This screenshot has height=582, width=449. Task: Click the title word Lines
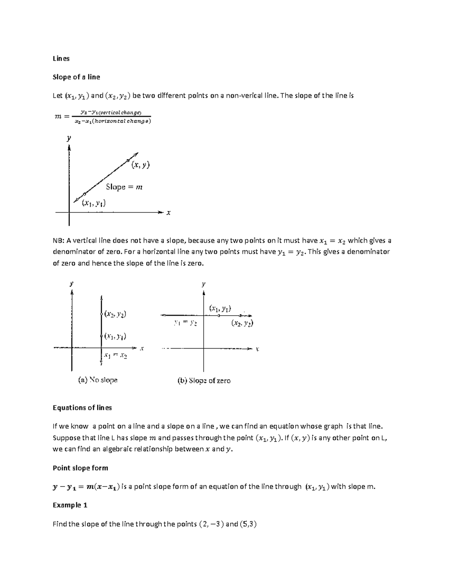(x=61, y=58)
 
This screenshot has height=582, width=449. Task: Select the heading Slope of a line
(x=76, y=77)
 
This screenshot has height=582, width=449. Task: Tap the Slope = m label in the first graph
(x=124, y=187)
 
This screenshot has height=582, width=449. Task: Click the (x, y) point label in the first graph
(x=140, y=165)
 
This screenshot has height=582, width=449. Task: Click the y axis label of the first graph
(x=69, y=138)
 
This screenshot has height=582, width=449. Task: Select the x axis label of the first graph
(x=168, y=213)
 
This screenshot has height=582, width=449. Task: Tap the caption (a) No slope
(x=98, y=380)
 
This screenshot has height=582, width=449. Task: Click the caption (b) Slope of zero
(x=204, y=381)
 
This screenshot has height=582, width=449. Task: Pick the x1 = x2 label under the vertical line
(x=116, y=355)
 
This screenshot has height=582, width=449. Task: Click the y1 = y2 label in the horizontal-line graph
(x=186, y=323)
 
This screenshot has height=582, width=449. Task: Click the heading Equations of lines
(x=82, y=408)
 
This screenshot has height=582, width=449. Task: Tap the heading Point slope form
(x=80, y=468)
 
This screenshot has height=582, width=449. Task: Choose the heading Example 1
(x=70, y=505)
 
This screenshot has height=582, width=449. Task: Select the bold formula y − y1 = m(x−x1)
(x=86, y=487)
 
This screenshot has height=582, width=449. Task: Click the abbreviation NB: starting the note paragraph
(x=59, y=241)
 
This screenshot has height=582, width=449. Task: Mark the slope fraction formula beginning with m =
(x=102, y=117)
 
